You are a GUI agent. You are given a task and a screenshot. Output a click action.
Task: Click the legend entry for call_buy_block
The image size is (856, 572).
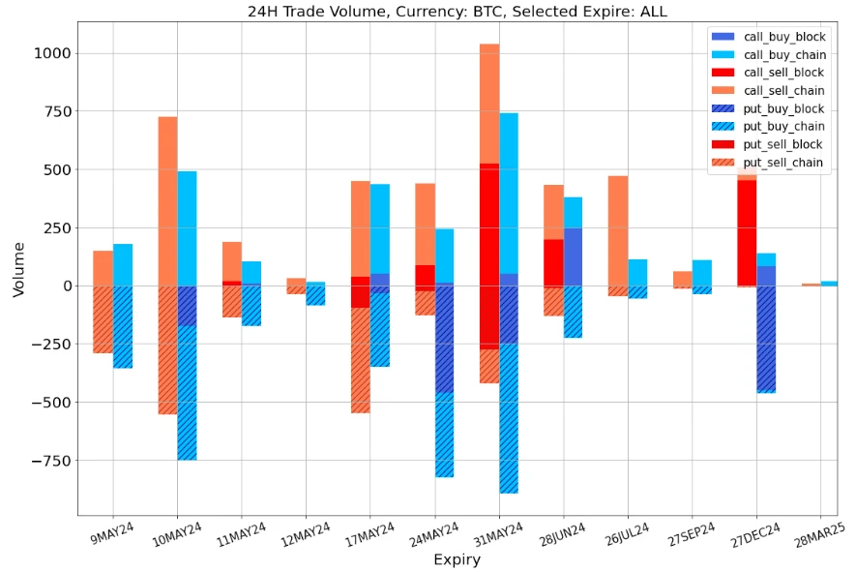click(x=783, y=36)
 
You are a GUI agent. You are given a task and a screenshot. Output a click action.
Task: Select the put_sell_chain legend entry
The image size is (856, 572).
click(x=783, y=163)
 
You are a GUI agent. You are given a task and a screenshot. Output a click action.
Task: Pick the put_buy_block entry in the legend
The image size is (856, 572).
click(x=783, y=108)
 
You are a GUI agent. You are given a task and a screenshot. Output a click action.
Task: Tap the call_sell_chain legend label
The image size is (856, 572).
click(x=783, y=90)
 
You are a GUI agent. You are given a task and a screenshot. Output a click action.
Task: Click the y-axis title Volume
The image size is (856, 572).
click(x=18, y=268)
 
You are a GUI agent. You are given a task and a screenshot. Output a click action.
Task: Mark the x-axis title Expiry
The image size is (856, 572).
click(x=457, y=558)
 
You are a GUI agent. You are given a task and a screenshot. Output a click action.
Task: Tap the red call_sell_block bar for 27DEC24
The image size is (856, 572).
click(x=747, y=232)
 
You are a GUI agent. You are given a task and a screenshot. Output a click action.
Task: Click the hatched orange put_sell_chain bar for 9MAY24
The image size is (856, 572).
click(x=103, y=318)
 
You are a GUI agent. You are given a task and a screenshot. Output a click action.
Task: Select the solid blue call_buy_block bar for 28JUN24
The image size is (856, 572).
click(x=573, y=256)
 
